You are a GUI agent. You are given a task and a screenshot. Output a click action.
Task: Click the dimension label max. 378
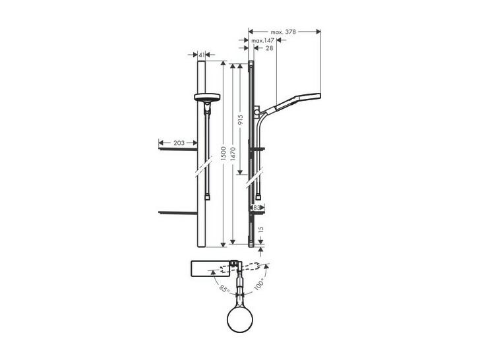(x=283, y=32)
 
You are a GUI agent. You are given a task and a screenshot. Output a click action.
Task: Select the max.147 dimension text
(x=262, y=40)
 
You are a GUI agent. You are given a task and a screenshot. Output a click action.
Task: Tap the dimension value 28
(x=270, y=48)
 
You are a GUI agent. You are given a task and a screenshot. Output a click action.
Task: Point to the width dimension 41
(x=202, y=55)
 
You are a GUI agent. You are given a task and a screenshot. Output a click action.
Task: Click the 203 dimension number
(x=179, y=143)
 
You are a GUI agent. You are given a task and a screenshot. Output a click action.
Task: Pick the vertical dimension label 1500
(x=223, y=154)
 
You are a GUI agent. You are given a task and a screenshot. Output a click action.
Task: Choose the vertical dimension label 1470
(x=233, y=154)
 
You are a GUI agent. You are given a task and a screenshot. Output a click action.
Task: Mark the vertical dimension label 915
(x=241, y=120)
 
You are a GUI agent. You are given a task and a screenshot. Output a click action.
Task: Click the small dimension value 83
(x=257, y=208)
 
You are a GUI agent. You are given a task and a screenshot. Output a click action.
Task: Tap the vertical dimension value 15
(x=261, y=229)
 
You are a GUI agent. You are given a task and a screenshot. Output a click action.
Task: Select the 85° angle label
(x=224, y=289)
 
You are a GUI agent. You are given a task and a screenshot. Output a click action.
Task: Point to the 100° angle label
(x=259, y=284)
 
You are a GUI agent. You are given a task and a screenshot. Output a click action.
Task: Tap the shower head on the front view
(x=207, y=98)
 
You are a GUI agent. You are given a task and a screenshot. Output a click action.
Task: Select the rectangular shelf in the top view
(x=211, y=268)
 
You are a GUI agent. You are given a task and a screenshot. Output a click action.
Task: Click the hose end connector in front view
(x=208, y=197)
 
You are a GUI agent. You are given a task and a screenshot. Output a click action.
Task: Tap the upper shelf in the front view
(x=178, y=149)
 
